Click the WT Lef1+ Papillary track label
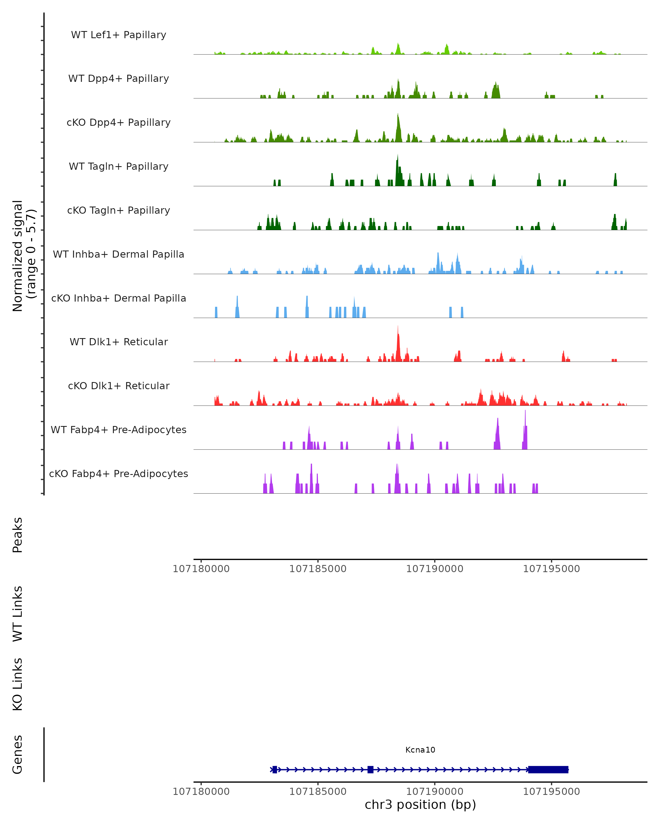[x=119, y=35]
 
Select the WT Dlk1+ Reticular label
[x=119, y=342]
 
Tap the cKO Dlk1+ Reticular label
[x=119, y=386]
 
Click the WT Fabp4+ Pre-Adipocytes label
[x=119, y=430]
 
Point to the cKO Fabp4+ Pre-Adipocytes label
[x=119, y=474]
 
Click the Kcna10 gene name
[x=420, y=750]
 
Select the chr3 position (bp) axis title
[x=420, y=804]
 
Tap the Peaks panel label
[x=18, y=535]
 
